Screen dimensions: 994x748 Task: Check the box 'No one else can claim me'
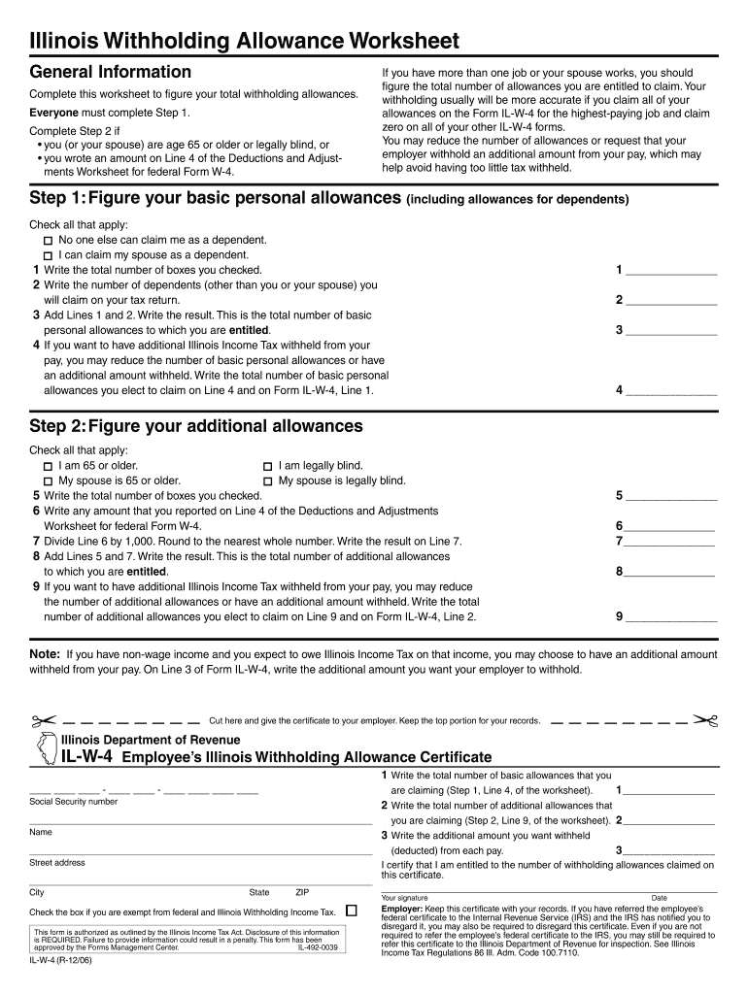coord(48,241)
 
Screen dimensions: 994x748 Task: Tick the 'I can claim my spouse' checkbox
coord(48,255)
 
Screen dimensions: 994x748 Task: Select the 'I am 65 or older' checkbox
coord(48,467)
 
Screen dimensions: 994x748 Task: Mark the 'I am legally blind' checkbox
coord(267,467)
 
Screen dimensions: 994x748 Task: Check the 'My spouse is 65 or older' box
coord(48,481)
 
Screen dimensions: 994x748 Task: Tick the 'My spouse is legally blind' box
coord(267,481)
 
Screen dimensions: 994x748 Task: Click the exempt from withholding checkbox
coord(352,911)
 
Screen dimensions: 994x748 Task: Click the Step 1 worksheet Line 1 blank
coord(671,271)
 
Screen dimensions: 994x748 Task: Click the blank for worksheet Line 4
coord(671,391)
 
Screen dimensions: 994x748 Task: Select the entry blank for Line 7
coord(669,542)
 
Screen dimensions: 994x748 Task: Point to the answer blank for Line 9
coord(671,616)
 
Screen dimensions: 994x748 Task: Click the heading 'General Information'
coord(111,72)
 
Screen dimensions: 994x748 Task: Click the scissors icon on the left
coord(44,721)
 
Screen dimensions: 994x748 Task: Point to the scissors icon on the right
coord(704,721)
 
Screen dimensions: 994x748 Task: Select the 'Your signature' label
coord(405,898)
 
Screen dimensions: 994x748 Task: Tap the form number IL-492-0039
coord(318,947)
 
